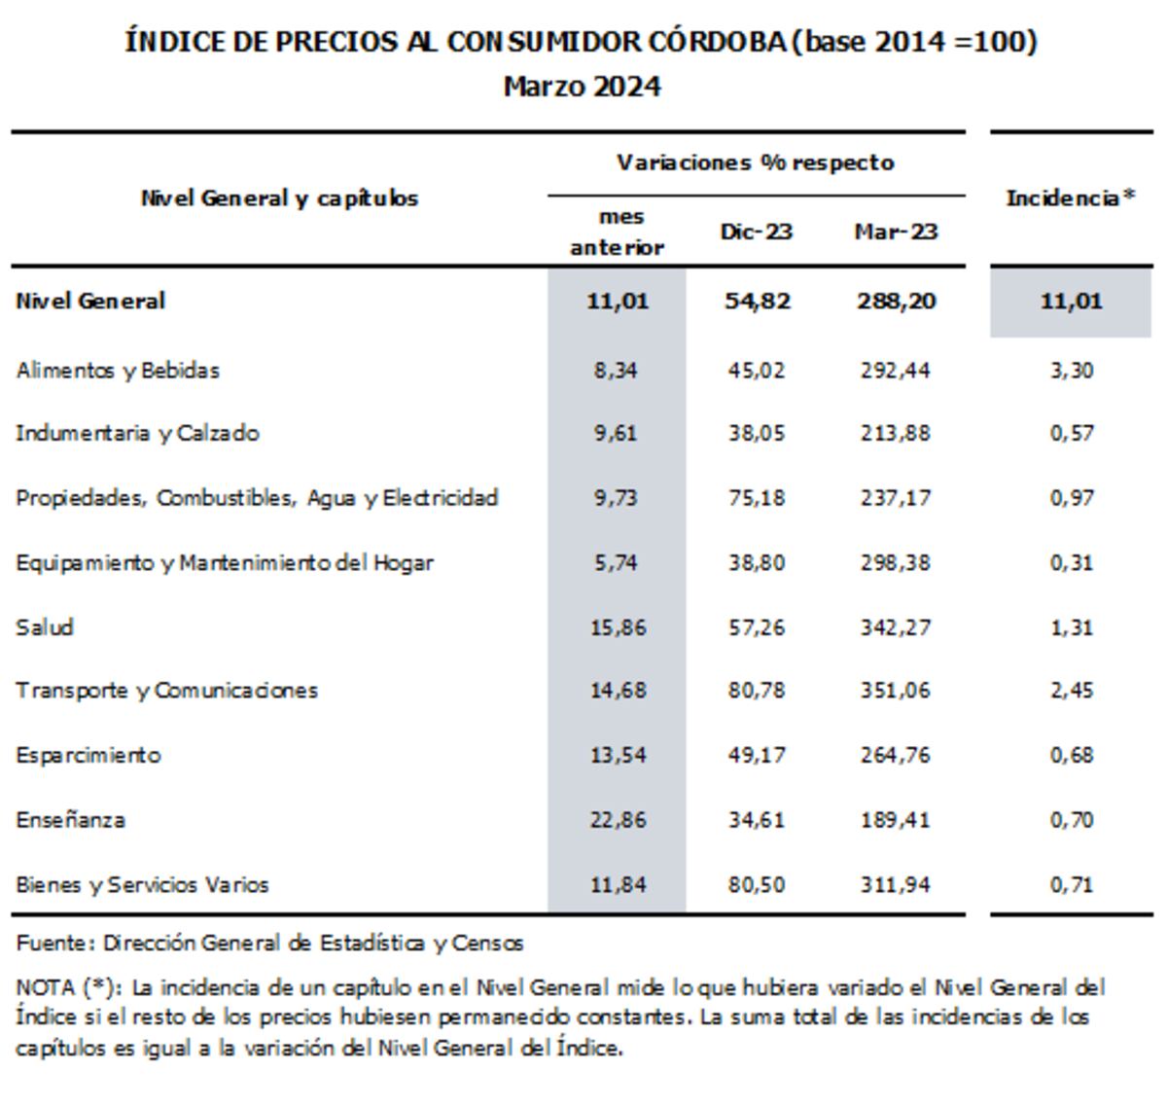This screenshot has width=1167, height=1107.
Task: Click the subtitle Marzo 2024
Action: [x=583, y=88]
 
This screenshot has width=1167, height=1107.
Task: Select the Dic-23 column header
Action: [x=757, y=232]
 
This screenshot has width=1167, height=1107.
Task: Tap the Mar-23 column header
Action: [x=896, y=232]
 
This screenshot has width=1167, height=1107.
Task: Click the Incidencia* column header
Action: [x=1071, y=197]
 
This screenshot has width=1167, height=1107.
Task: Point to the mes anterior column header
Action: [x=618, y=232]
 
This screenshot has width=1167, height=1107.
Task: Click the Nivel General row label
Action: [x=90, y=302]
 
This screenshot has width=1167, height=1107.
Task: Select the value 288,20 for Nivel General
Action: [x=897, y=302]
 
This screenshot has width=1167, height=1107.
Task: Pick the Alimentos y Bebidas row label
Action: [x=118, y=372]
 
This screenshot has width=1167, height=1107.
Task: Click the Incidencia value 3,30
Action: [x=1072, y=372]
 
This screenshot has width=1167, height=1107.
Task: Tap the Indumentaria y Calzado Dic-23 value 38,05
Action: [x=757, y=434]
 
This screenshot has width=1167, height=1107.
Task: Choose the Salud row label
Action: [x=45, y=627]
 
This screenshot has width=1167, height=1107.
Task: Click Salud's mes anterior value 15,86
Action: [x=618, y=627]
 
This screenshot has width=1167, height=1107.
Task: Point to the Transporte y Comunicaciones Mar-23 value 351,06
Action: [x=896, y=690]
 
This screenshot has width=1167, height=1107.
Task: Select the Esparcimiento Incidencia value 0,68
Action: [x=1072, y=756]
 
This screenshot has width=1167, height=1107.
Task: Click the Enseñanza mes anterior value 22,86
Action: [x=618, y=820]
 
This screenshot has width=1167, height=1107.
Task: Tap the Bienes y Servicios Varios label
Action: [x=142, y=885]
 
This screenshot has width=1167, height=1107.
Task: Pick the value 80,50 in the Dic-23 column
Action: [x=757, y=885]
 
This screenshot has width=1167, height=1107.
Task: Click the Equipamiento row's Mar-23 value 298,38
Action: [x=896, y=563]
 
